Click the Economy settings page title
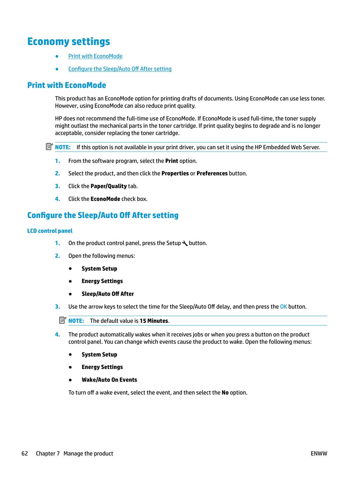tap(69, 42)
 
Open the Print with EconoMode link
tap(95, 56)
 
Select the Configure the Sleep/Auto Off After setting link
tap(120, 69)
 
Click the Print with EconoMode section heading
tap(67, 85)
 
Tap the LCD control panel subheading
tap(50, 231)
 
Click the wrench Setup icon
tap(185, 243)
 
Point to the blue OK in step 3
tap(283, 307)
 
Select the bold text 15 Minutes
tap(154, 321)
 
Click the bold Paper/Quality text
tap(109, 186)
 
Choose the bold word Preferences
tap(212, 173)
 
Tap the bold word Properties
tap(175, 173)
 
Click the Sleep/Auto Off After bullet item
tap(108, 294)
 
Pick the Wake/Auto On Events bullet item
tap(109, 380)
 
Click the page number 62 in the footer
tap(25, 453)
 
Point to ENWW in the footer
tap(319, 453)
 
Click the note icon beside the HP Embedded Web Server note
tap(49, 147)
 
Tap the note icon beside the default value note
tap(62, 320)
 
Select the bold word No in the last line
tap(225, 392)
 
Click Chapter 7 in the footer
tap(48, 453)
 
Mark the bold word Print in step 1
tap(171, 161)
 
